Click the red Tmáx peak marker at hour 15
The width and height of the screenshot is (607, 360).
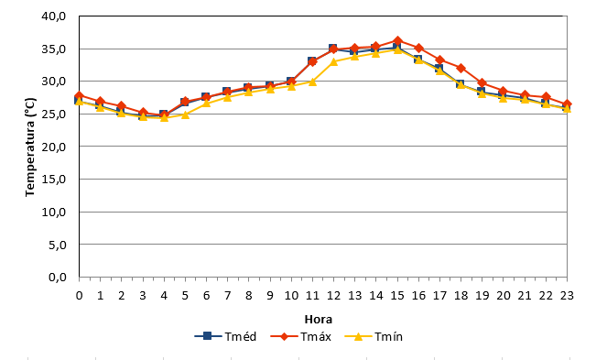click(x=397, y=40)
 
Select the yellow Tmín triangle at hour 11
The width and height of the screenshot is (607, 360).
click(x=313, y=82)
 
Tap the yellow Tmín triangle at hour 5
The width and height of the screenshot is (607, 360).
click(x=185, y=115)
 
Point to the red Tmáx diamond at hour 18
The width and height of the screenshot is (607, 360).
click(x=461, y=68)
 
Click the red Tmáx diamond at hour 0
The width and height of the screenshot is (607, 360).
click(x=79, y=95)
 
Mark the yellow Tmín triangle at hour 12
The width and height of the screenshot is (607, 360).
click(x=333, y=61)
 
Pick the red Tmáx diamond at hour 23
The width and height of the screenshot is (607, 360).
click(x=567, y=104)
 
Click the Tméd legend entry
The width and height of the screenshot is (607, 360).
click(x=225, y=336)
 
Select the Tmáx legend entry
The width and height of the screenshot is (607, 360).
click(x=300, y=336)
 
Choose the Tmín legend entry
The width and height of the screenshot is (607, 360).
click(x=374, y=336)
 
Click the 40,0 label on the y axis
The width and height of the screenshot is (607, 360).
click(x=54, y=16)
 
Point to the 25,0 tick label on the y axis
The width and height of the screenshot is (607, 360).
click(x=54, y=114)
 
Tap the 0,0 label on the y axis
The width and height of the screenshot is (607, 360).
click(x=58, y=277)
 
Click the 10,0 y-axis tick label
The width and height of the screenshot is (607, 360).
click(x=54, y=212)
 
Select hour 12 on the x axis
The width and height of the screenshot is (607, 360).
click(x=333, y=296)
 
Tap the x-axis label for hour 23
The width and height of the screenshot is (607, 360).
click(x=567, y=296)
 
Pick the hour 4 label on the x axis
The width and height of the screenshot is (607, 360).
click(x=164, y=296)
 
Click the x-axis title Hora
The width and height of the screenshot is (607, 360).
click(x=319, y=320)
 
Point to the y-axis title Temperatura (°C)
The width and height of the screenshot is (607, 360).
click(x=30, y=147)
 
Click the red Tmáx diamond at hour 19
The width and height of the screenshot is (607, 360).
click(x=482, y=83)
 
